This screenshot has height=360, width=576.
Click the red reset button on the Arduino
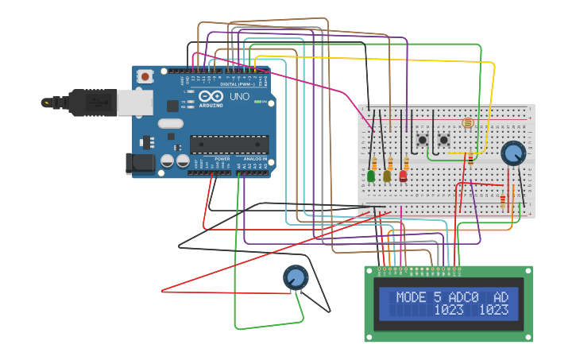146,76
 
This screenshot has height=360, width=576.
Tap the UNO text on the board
239,97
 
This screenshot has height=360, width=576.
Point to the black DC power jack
140,164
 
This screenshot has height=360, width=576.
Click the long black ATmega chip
229,144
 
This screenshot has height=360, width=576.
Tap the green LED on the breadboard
371,176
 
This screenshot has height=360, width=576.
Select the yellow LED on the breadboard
387,176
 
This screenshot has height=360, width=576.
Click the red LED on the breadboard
403,176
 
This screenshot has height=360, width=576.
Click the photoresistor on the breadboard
467,123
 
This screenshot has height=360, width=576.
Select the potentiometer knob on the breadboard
513,152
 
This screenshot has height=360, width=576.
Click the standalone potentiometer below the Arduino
295,277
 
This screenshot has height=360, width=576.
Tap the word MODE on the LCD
411,297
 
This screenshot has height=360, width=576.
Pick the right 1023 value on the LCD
493,310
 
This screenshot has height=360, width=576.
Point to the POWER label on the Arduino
222,159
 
